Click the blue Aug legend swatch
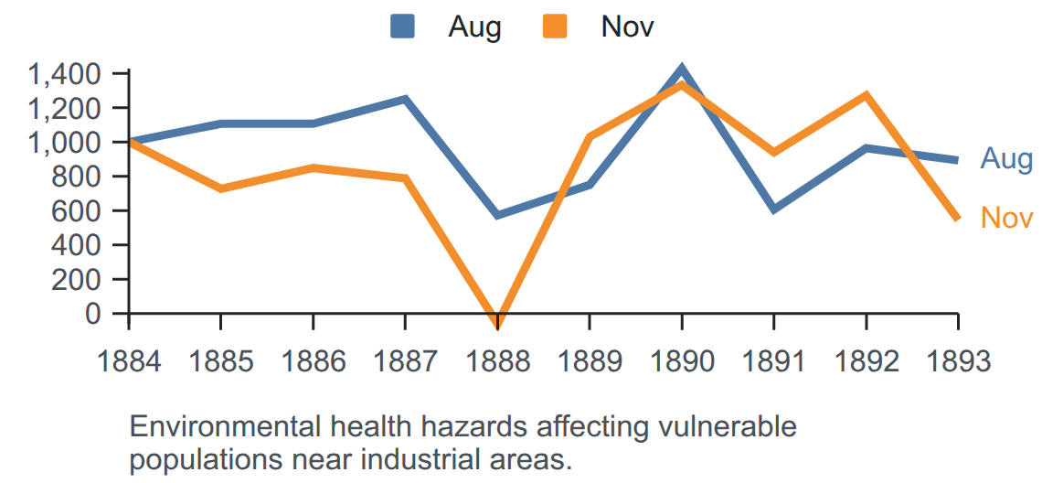tap(402, 27)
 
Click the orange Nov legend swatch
tap(555, 27)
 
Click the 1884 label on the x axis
tap(129, 362)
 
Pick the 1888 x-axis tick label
tap(497, 362)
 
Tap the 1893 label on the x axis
tap(958, 362)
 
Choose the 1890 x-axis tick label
tap(681, 362)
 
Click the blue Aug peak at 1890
tap(681, 68)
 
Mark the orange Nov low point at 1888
tap(497, 323)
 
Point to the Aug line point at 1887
tap(405, 99)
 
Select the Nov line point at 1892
tap(866, 95)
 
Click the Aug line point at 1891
tap(773, 209)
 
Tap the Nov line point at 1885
tap(220, 189)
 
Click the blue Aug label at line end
tap(1006, 160)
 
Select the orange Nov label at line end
tap(1006, 218)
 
